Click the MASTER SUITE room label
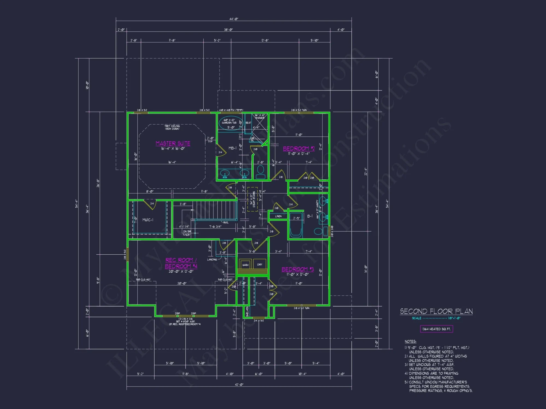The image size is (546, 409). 173,143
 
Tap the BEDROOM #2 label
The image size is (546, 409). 299,149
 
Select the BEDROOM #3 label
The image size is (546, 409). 298,269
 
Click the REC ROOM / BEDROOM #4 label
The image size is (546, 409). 181,263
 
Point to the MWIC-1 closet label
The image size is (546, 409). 148,220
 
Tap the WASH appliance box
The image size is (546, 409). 245,264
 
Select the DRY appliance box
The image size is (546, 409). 260,264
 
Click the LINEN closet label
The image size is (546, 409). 278,216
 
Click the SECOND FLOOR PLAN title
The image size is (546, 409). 436,311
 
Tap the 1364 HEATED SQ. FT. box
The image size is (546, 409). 436,329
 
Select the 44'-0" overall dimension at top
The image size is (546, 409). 234,19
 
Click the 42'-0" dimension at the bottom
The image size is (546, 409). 239,384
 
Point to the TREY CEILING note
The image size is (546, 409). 172,127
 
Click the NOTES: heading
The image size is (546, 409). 410,341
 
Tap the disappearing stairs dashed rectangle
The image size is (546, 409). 252,199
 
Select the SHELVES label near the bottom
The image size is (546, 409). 247,312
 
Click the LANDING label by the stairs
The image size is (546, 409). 212,260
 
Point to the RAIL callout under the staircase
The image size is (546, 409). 226,222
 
